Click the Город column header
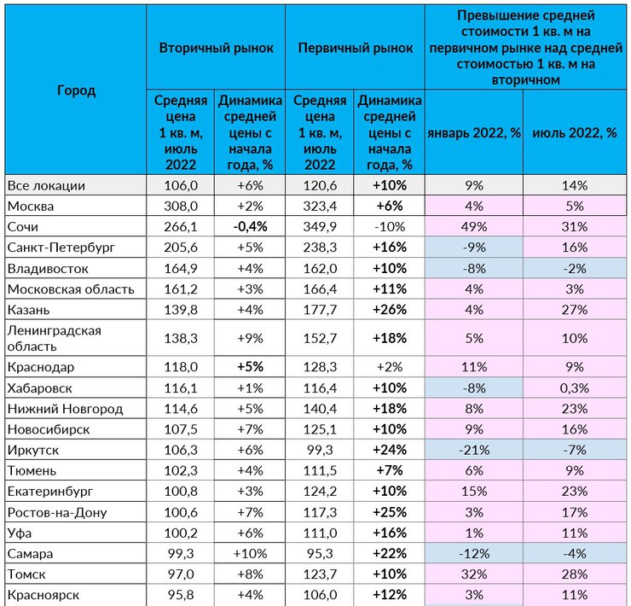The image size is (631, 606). click(77, 90)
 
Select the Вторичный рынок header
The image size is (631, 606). click(216, 48)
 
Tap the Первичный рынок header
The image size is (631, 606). click(356, 48)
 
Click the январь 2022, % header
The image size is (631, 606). click(474, 132)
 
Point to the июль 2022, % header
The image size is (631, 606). click(575, 132)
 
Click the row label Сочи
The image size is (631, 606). click(23, 227)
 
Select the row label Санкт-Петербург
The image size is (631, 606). click(61, 247)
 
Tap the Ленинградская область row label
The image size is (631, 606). click(55, 338)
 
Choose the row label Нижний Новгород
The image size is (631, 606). click(65, 409)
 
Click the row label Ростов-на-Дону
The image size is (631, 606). click(57, 512)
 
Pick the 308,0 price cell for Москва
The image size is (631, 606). click(181, 207)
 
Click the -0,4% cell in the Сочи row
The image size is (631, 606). click(250, 227)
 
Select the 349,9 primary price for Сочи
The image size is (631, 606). click(320, 227)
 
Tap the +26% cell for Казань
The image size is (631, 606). click(390, 310)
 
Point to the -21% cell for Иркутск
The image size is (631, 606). click(474, 450)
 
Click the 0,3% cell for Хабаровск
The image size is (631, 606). click(575, 388)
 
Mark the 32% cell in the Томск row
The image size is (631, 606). click(474, 574)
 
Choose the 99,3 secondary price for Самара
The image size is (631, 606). click(181, 554)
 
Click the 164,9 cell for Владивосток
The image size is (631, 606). click(181, 268)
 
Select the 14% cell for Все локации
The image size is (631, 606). click(575, 185)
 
